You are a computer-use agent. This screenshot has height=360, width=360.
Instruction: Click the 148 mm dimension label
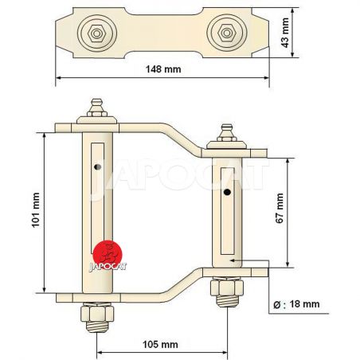(163, 69)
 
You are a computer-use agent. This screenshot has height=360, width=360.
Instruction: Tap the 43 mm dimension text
(285, 33)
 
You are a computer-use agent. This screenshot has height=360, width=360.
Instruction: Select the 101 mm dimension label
(36, 210)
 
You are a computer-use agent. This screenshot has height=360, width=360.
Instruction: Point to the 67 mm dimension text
(280, 209)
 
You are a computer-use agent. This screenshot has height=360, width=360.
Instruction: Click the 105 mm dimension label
(160, 345)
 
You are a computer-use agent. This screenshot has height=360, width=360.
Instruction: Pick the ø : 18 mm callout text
(296, 304)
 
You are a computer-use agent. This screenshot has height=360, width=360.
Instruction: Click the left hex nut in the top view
(97, 33)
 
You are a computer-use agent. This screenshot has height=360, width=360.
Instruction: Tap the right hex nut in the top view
(227, 33)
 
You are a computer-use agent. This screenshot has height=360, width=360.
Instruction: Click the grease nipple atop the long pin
(97, 108)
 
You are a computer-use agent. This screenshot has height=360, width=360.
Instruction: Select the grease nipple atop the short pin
(226, 132)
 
